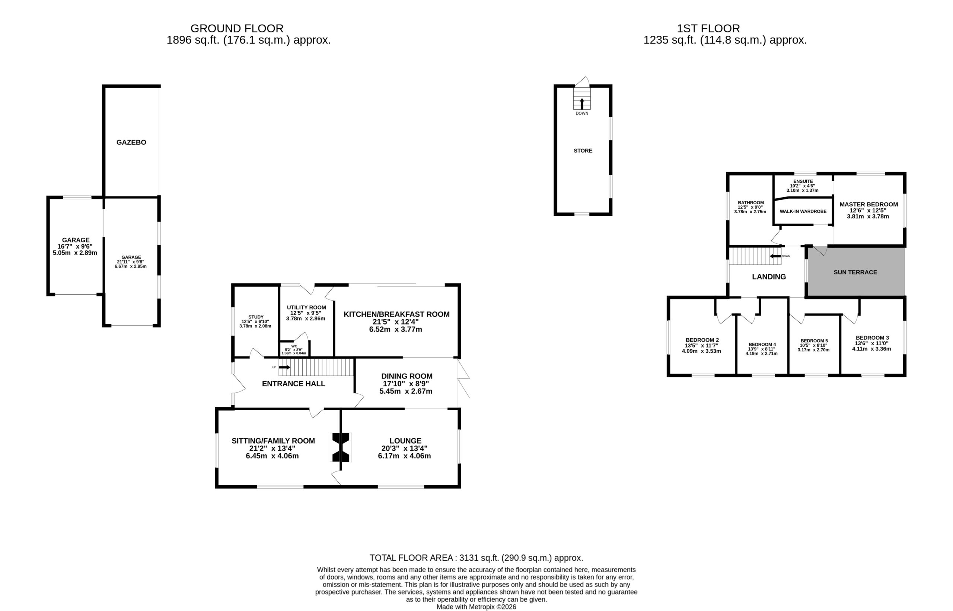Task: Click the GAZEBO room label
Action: (131, 142)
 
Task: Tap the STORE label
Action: (583, 151)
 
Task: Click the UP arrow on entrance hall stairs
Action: (284, 367)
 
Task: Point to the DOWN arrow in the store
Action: (582, 104)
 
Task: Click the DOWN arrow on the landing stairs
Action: (775, 256)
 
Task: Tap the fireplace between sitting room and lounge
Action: (341, 447)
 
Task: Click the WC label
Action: (294, 346)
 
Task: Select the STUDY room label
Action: (256, 317)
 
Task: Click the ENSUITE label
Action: (803, 181)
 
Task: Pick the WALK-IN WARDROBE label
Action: (803, 211)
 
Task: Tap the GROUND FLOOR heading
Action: (237, 29)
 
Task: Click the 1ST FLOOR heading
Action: (708, 29)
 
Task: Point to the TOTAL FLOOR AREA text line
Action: (476, 558)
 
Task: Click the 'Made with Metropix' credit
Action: (476, 607)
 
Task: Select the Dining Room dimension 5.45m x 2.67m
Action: (406, 391)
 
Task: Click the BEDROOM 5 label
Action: (814, 341)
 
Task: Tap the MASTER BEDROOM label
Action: (868, 204)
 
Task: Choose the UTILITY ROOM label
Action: (306, 307)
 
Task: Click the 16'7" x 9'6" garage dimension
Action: (75, 246)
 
